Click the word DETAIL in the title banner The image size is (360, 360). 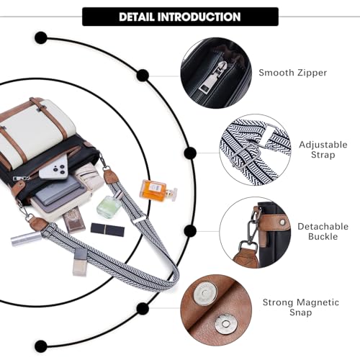tap(137, 17)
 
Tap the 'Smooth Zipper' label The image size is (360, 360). tap(293, 73)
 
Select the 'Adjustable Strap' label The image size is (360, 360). tap(323, 150)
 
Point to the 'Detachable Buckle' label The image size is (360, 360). tap(323, 231)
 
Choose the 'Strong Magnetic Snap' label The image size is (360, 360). tap(300, 307)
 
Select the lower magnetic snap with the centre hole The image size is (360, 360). tap(226, 324)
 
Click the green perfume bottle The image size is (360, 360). tap(110, 204)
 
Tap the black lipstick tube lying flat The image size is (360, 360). tap(107, 230)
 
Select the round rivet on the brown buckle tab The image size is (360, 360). tap(282, 222)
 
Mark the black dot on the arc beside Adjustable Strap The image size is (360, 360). tap(190, 153)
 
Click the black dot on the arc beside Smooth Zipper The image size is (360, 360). tap(143, 75)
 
